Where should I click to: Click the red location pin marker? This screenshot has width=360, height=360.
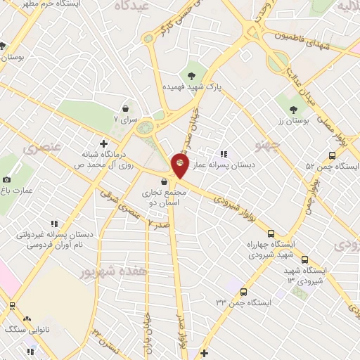coord(180,166)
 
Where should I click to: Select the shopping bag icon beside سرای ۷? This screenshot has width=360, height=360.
coord(125,109)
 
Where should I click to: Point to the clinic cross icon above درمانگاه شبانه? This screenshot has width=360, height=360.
coord(103,143)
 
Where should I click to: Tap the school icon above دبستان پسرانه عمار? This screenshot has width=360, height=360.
coord(223,153)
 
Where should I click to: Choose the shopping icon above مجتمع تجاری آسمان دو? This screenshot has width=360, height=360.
coord(163,182)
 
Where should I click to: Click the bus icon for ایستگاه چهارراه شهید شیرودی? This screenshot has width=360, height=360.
coord(271,233)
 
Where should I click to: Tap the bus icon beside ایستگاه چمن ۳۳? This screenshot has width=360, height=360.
coord(243,292)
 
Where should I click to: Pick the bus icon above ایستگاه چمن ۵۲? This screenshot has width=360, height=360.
coord(332,155)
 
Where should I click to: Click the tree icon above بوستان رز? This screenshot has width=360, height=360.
coord(293,110)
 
